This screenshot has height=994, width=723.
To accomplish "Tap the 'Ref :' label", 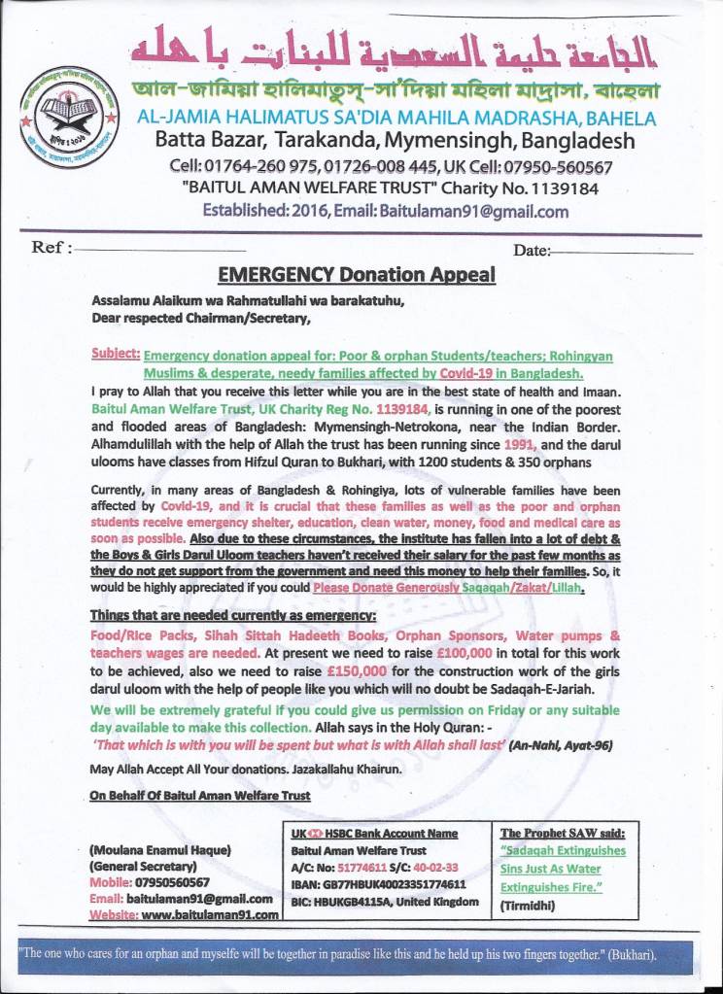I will [52, 248].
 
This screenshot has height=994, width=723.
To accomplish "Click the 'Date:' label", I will [532, 251].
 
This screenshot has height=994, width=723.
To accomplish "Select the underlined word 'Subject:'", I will [117, 356].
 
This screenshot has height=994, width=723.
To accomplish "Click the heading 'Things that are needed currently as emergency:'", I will [214, 615].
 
